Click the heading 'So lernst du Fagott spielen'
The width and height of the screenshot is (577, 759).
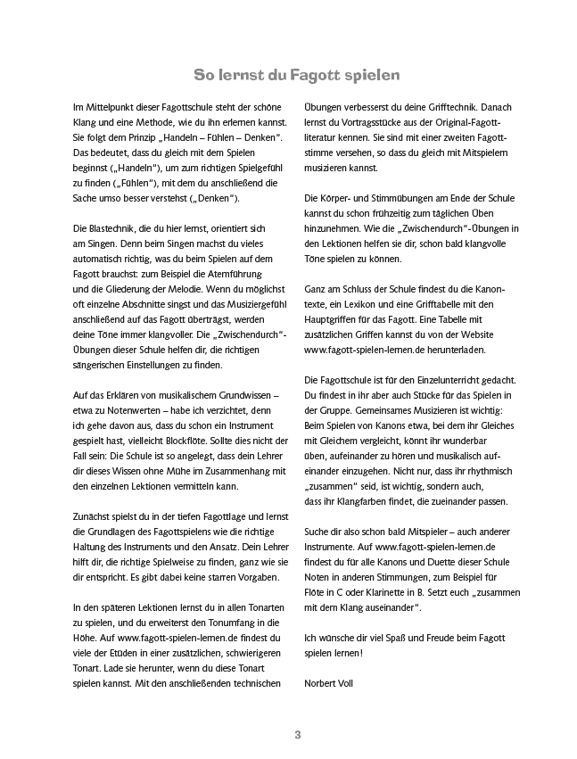pos(297,72)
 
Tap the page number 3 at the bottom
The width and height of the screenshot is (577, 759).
pos(298,735)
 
